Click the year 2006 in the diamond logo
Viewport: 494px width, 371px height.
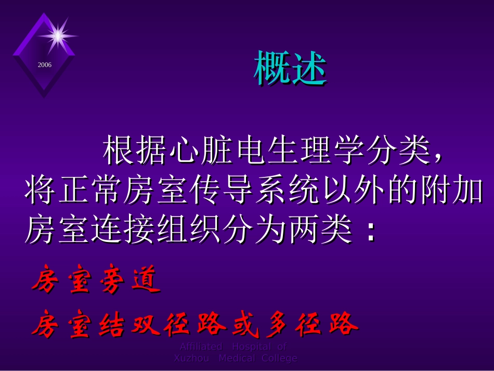tap(45, 65)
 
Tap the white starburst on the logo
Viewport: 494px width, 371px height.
tap(58, 35)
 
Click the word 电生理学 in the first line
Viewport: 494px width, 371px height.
tap(297, 152)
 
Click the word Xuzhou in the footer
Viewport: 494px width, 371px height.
tap(191, 358)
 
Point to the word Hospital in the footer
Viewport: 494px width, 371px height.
tap(252, 347)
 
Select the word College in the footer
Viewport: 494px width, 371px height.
tap(279, 358)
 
